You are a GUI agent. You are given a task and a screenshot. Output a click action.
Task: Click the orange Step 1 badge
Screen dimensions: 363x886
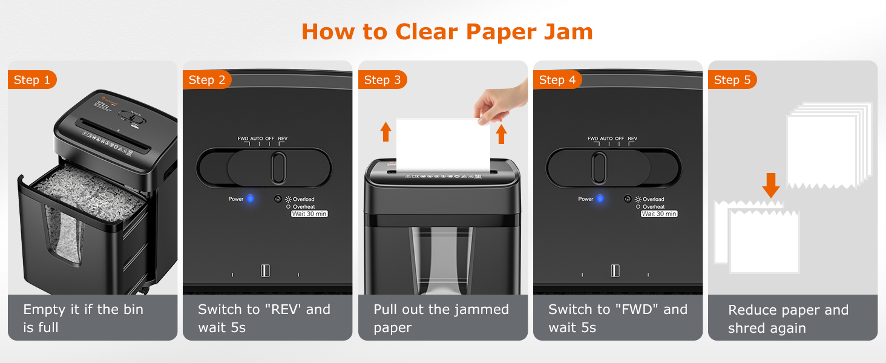(x=31, y=80)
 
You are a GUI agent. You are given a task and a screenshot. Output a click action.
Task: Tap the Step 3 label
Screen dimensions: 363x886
(x=382, y=80)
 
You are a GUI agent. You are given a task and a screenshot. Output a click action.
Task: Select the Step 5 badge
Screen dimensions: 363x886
(x=732, y=80)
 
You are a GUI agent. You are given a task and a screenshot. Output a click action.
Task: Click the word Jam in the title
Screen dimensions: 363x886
(x=568, y=31)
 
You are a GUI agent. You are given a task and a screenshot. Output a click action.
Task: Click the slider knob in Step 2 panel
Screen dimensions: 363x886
(x=278, y=168)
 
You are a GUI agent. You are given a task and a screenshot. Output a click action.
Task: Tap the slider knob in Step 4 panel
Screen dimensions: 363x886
(x=599, y=168)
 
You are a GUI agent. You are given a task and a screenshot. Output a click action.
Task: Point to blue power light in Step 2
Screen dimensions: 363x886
(x=250, y=198)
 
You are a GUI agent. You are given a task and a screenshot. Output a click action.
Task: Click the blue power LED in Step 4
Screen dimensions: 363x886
(x=600, y=198)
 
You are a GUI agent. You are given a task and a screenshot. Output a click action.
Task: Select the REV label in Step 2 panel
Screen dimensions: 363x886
(x=283, y=139)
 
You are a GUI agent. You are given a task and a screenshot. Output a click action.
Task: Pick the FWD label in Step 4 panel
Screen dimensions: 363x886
(x=592, y=139)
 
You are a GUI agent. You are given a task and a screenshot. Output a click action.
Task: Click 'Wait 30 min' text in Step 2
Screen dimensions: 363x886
(x=309, y=214)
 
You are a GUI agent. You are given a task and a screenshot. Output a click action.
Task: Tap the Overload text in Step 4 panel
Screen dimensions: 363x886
(x=653, y=199)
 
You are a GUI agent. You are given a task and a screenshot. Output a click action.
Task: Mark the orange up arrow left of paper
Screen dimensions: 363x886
(x=386, y=131)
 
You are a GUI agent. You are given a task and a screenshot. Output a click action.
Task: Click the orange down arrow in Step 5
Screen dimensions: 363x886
(x=770, y=185)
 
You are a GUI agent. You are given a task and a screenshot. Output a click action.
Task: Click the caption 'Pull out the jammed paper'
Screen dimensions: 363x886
(x=441, y=318)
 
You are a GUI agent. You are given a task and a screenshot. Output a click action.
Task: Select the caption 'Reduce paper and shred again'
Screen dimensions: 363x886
(x=788, y=319)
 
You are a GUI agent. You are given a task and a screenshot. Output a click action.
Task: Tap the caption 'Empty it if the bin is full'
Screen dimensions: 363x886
(x=83, y=318)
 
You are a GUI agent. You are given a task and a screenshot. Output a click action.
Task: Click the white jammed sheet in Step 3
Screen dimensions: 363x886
(x=442, y=145)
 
